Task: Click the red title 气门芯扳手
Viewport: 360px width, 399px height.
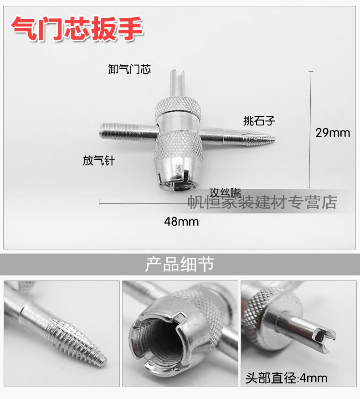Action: [77, 28]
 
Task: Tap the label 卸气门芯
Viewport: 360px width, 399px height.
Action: [129, 69]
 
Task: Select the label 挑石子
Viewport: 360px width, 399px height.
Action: [259, 121]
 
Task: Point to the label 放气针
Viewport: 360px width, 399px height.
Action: [98, 161]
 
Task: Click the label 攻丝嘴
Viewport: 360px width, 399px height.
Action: [225, 192]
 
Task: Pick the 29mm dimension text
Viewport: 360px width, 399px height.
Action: [333, 133]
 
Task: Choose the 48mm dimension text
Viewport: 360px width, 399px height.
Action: [181, 222]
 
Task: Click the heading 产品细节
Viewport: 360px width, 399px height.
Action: [180, 264]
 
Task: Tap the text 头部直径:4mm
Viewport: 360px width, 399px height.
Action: [286, 378]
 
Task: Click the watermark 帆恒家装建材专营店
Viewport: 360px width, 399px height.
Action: [262, 202]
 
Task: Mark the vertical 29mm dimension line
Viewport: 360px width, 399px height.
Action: [310, 129]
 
